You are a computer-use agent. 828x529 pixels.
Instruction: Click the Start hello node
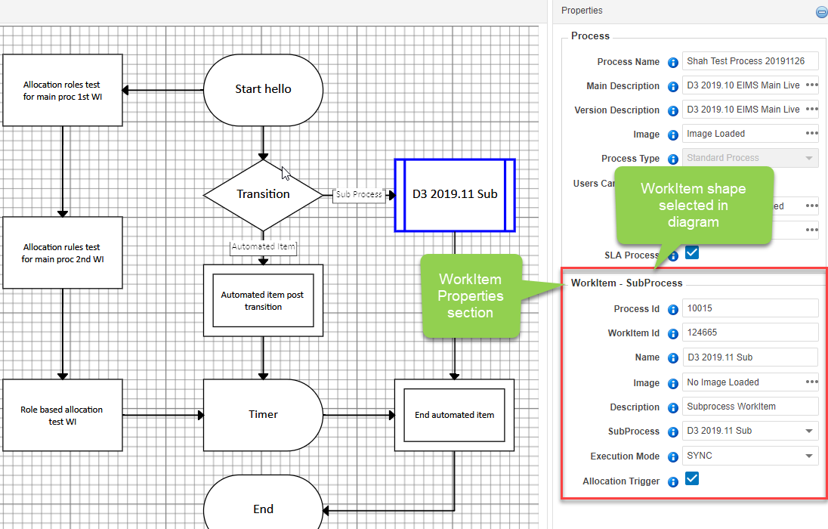coord(263,90)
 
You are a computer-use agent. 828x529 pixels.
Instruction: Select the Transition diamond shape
coord(263,195)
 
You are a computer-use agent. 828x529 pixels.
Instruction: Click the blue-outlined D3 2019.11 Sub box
coord(455,195)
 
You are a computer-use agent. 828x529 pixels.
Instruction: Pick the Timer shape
coord(263,415)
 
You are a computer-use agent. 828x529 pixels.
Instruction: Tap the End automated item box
coord(454,415)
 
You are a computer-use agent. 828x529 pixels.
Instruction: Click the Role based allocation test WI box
coord(62,415)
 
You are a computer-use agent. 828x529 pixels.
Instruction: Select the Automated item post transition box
coord(263,301)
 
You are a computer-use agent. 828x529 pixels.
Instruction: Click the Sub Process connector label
coord(359,194)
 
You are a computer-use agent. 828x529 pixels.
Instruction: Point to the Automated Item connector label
coord(263,247)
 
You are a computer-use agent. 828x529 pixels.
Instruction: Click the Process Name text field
coord(750,61)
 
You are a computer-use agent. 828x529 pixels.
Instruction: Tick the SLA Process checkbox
coord(692,252)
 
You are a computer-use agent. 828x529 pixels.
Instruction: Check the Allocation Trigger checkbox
coord(692,479)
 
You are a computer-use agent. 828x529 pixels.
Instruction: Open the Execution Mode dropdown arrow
coord(809,456)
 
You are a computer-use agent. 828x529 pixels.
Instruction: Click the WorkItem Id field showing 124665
coord(750,333)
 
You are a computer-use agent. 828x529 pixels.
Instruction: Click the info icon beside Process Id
coord(672,310)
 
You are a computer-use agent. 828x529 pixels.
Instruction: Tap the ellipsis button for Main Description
coord(811,85)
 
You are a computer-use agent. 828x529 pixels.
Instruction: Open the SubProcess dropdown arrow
coord(809,432)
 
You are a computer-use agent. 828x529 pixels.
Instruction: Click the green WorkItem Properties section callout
coord(471,296)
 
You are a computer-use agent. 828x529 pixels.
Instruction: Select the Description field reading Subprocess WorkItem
coord(750,407)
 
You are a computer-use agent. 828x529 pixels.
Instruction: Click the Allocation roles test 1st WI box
coord(62,90)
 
